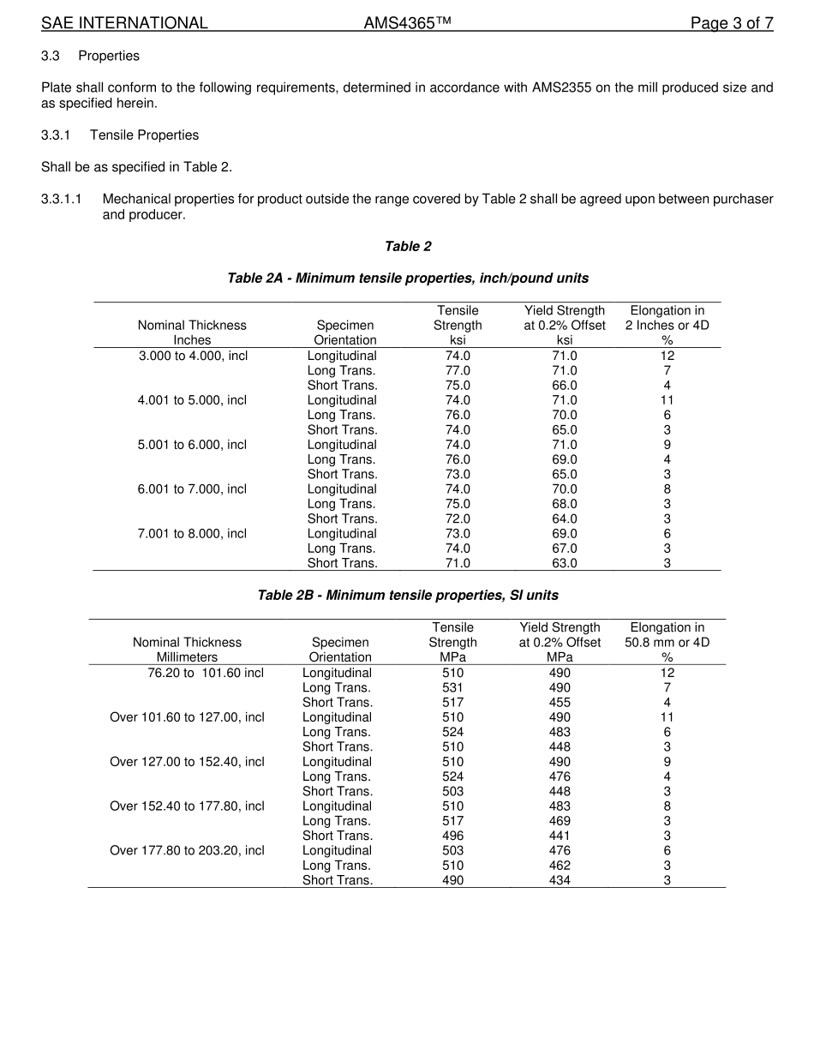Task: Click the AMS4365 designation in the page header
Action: coord(407,23)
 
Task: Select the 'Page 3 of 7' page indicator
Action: coord(732,23)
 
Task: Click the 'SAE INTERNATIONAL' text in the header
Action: coord(124,23)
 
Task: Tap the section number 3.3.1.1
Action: coord(61,199)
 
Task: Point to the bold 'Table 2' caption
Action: coord(408,247)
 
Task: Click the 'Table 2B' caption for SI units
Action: coord(408,596)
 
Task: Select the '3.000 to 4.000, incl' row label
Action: coord(193,356)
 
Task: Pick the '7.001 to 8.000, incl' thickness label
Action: coord(193,534)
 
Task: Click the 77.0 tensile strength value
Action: coord(458,370)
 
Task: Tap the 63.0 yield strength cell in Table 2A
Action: coord(565,563)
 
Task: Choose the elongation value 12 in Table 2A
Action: coord(667,356)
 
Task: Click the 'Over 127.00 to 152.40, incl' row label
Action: coord(187,762)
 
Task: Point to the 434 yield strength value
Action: coord(560,880)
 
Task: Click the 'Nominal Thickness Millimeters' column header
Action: coord(187,650)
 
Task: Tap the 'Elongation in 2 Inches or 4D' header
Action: coord(667,318)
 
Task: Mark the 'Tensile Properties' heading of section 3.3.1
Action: coord(144,135)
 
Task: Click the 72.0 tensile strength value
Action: coord(458,519)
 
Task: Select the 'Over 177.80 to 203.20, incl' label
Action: coord(187,851)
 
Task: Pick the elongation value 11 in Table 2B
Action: coord(667,717)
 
